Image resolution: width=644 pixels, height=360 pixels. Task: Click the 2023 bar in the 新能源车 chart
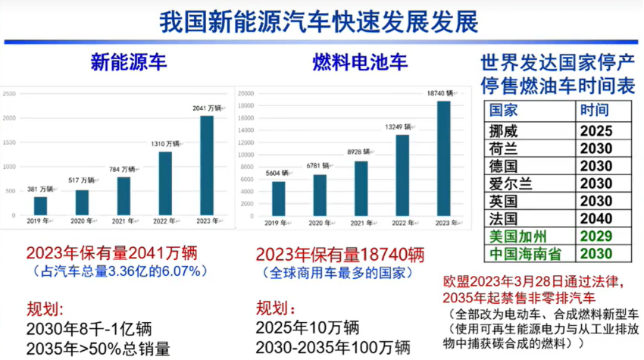pyautogui.click(x=206, y=164)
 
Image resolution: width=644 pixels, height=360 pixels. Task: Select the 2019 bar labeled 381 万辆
pyautogui.click(x=40, y=205)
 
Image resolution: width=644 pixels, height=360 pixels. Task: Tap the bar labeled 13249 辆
pyautogui.click(x=402, y=175)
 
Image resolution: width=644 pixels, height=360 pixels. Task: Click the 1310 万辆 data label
pyautogui.click(x=164, y=144)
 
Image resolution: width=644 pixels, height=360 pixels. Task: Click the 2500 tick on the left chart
pyautogui.click(x=9, y=94)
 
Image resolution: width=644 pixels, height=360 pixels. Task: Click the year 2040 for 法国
pyautogui.click(x=596, y=218)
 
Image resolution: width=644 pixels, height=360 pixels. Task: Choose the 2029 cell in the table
pyautogui.click(x=596, y=236)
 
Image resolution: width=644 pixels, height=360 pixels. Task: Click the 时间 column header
pyautogui.click(x=595, y=110)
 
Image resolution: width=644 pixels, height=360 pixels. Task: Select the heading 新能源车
pyautogui.click(x=128, y=63)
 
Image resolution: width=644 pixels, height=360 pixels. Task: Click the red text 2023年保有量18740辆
pyautogui.click(x=339, y=254)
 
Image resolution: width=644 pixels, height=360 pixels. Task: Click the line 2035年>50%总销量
pyautogui.click(x=98, y=349)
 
